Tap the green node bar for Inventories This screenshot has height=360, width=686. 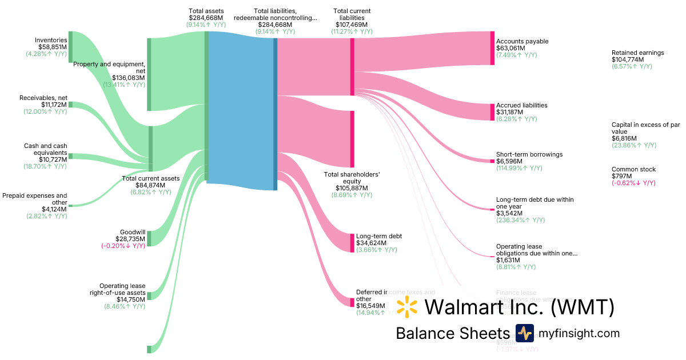point(70,47)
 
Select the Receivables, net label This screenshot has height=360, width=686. point(43,98)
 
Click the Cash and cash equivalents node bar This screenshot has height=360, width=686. point(70,155)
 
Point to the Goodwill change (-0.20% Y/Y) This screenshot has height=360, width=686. point(123,246)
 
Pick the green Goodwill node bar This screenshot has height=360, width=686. point(149,238)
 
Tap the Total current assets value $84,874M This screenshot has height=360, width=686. point(151,185)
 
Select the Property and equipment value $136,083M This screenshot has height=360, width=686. point(128,78)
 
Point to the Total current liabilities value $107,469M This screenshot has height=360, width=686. point(352,25)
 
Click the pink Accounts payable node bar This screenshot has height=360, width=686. point(492,49)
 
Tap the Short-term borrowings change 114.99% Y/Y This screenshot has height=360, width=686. point(519,168)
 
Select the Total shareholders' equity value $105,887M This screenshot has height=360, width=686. point(352,188)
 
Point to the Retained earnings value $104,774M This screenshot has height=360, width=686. point(628,59)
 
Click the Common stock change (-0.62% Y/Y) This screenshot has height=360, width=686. point(633,183)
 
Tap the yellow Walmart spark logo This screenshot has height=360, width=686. point(407,307)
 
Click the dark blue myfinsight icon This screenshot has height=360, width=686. point(524,333)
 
